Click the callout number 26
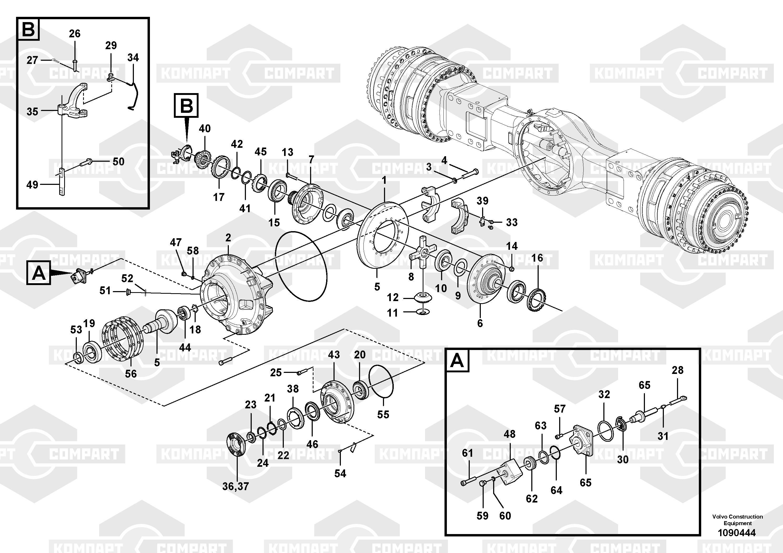(75, 33)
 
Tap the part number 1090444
(737, 532)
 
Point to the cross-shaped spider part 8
(422, 255)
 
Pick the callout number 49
(32, 185)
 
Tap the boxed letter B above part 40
(186, 105)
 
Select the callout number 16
(537, 258)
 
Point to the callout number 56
(131, 374)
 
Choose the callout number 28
(677, 370)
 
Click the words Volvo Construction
(737, 516)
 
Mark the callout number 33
(512, 222)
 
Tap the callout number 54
(340, 473)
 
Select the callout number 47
(176, 242)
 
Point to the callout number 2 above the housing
(228, 238)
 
